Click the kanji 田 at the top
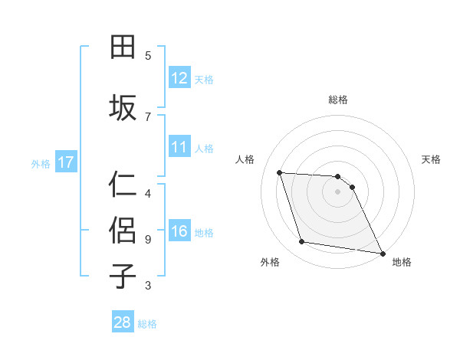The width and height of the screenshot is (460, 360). coord(123,47)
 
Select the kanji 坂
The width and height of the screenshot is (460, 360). coord(123,106)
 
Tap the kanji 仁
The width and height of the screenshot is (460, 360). coord(123,185)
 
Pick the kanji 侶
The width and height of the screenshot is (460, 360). coord(123,229)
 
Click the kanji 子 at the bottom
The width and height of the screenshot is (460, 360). coord(123,275)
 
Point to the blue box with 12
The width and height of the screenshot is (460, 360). coord(179,78)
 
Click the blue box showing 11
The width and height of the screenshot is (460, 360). coord(179,147)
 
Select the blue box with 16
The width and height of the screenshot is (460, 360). coord(179,231)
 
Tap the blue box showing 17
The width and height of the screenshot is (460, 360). coord(65,162)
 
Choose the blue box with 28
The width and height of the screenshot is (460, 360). coord(123,322)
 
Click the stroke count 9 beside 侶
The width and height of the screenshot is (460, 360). coord(148,239)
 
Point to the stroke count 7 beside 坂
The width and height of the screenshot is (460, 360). coord(148,116)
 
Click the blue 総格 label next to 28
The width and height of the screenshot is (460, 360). coord(147,324)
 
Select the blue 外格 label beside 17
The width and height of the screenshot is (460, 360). coord(41,163)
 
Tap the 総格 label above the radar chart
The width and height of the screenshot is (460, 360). coord(337,100)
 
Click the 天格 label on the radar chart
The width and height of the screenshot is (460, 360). coord(431,159)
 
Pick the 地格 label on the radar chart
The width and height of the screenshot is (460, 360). coord(402,262)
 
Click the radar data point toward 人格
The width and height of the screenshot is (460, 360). coord(280,172)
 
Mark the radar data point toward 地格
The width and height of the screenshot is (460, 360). coord(382,253)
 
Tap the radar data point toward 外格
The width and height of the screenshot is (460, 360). coord(302,242)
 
